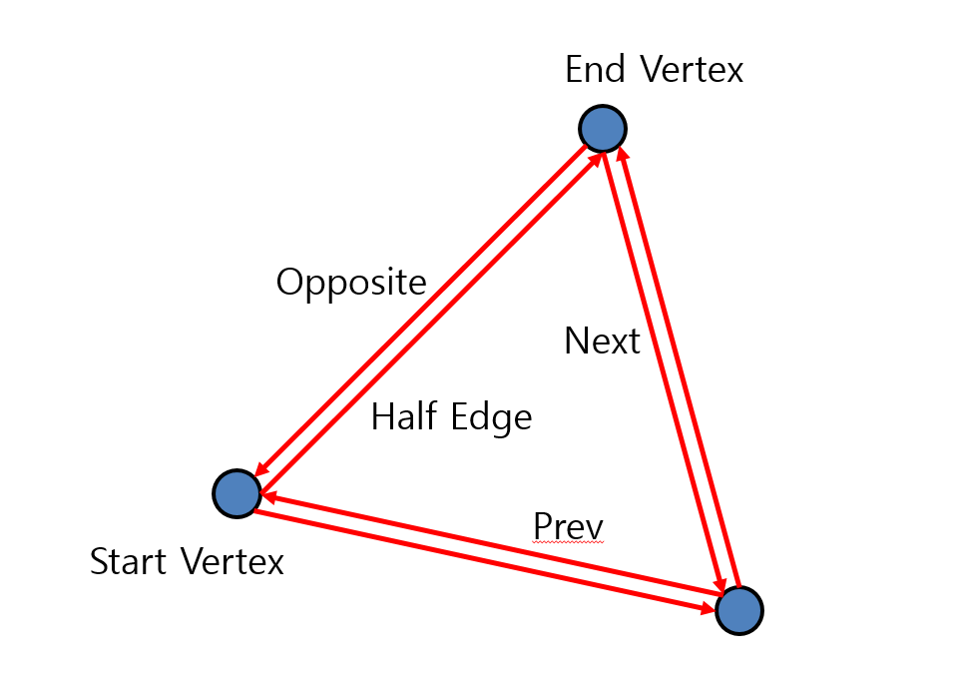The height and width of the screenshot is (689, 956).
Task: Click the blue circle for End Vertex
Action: point(602,129)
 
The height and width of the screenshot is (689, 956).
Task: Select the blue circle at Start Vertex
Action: point(237,493)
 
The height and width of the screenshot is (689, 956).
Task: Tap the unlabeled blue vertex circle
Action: point(739,610)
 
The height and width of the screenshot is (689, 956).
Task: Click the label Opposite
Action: point(351,283)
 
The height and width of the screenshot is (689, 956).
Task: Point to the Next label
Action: point(602,342)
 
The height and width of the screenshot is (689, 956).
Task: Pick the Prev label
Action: point(569,525)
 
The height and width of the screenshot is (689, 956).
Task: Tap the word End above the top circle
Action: point(596,70)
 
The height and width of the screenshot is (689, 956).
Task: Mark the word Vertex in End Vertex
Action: point(692,70)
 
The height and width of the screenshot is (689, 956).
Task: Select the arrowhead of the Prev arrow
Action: point(266,496)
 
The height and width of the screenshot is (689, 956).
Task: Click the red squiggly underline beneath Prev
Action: point(569,543)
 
